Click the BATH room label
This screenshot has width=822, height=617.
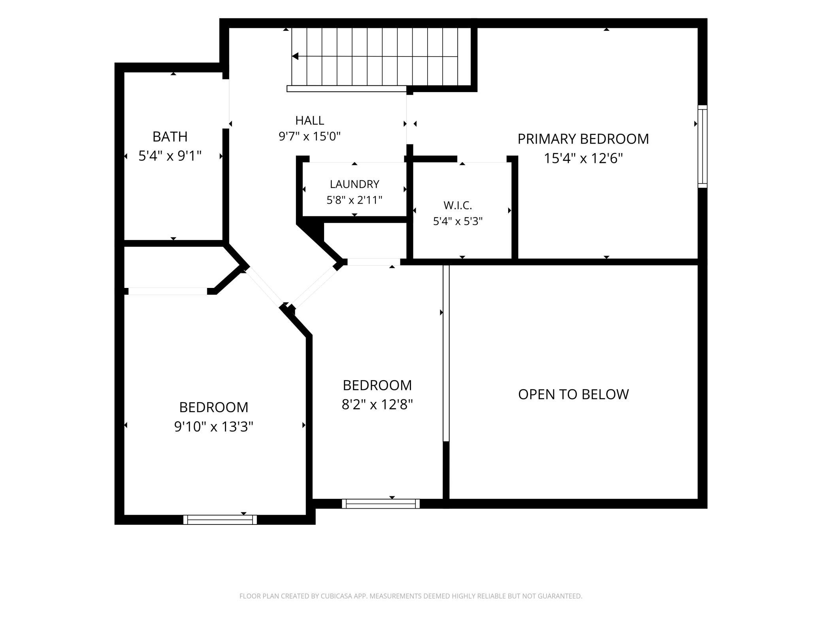coord(170,137)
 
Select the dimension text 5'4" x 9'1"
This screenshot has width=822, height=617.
coord(170,156)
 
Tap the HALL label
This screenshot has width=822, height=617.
coord(310,120)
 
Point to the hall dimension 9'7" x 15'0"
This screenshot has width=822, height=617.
coord(310,136)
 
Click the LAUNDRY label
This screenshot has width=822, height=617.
coord(354,184)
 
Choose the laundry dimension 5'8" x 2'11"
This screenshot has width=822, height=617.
coord(354,200)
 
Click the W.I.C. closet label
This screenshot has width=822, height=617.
coord(458,205)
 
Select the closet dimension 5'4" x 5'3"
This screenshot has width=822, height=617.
coord(458,221)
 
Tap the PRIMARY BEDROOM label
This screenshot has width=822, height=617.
coord(583,139)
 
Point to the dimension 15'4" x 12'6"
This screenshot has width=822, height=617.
coord(583,159)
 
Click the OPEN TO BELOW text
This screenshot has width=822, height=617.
coord(573,394)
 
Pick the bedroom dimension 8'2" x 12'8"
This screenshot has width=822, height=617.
coord(377,405)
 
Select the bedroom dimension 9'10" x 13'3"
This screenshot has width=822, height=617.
coord(214,427)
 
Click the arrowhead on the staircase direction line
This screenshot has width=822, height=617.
coord(295,57)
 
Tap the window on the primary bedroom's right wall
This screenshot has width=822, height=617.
coord(702,146)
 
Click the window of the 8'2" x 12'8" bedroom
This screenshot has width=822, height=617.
coord(381,503)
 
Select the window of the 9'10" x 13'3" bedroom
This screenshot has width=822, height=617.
coord(220,520)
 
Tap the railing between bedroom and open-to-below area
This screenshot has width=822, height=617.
coord(446,353)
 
